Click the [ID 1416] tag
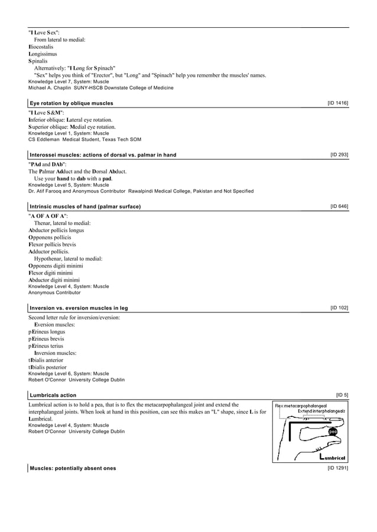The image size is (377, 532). tap(337, 103)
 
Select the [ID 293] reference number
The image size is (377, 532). tap(339, 154)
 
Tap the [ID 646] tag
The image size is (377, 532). tap(339, 206)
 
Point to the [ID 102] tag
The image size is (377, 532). tap(339, 308)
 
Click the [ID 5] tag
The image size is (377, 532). tap(342, 394)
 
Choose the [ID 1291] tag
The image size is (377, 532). tap(337, 468)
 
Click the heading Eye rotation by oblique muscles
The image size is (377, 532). tap(71, 103)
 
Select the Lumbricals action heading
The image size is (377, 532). tap(53, 395)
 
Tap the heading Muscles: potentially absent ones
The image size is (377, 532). tap(73, 468)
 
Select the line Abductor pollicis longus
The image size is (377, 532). tap(56, 230)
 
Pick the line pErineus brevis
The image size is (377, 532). tap(47, 339)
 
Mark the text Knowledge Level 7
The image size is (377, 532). tap(49, 82)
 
